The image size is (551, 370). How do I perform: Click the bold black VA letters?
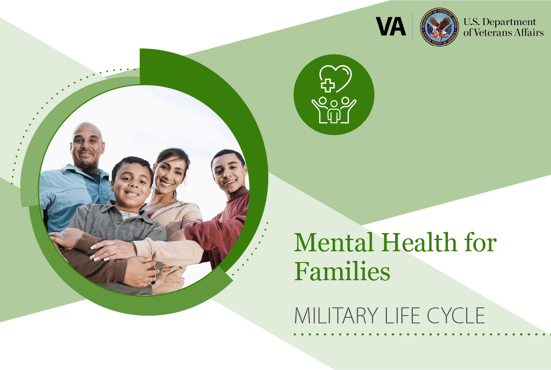391,26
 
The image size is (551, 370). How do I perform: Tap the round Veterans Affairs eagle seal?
439,27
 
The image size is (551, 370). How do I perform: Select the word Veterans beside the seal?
491,32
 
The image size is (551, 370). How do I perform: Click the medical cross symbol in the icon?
328,85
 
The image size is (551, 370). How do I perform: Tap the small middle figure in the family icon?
334,111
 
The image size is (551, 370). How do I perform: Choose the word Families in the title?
342,271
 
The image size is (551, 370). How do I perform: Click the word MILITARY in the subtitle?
336,316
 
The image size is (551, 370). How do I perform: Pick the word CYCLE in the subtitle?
456,316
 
